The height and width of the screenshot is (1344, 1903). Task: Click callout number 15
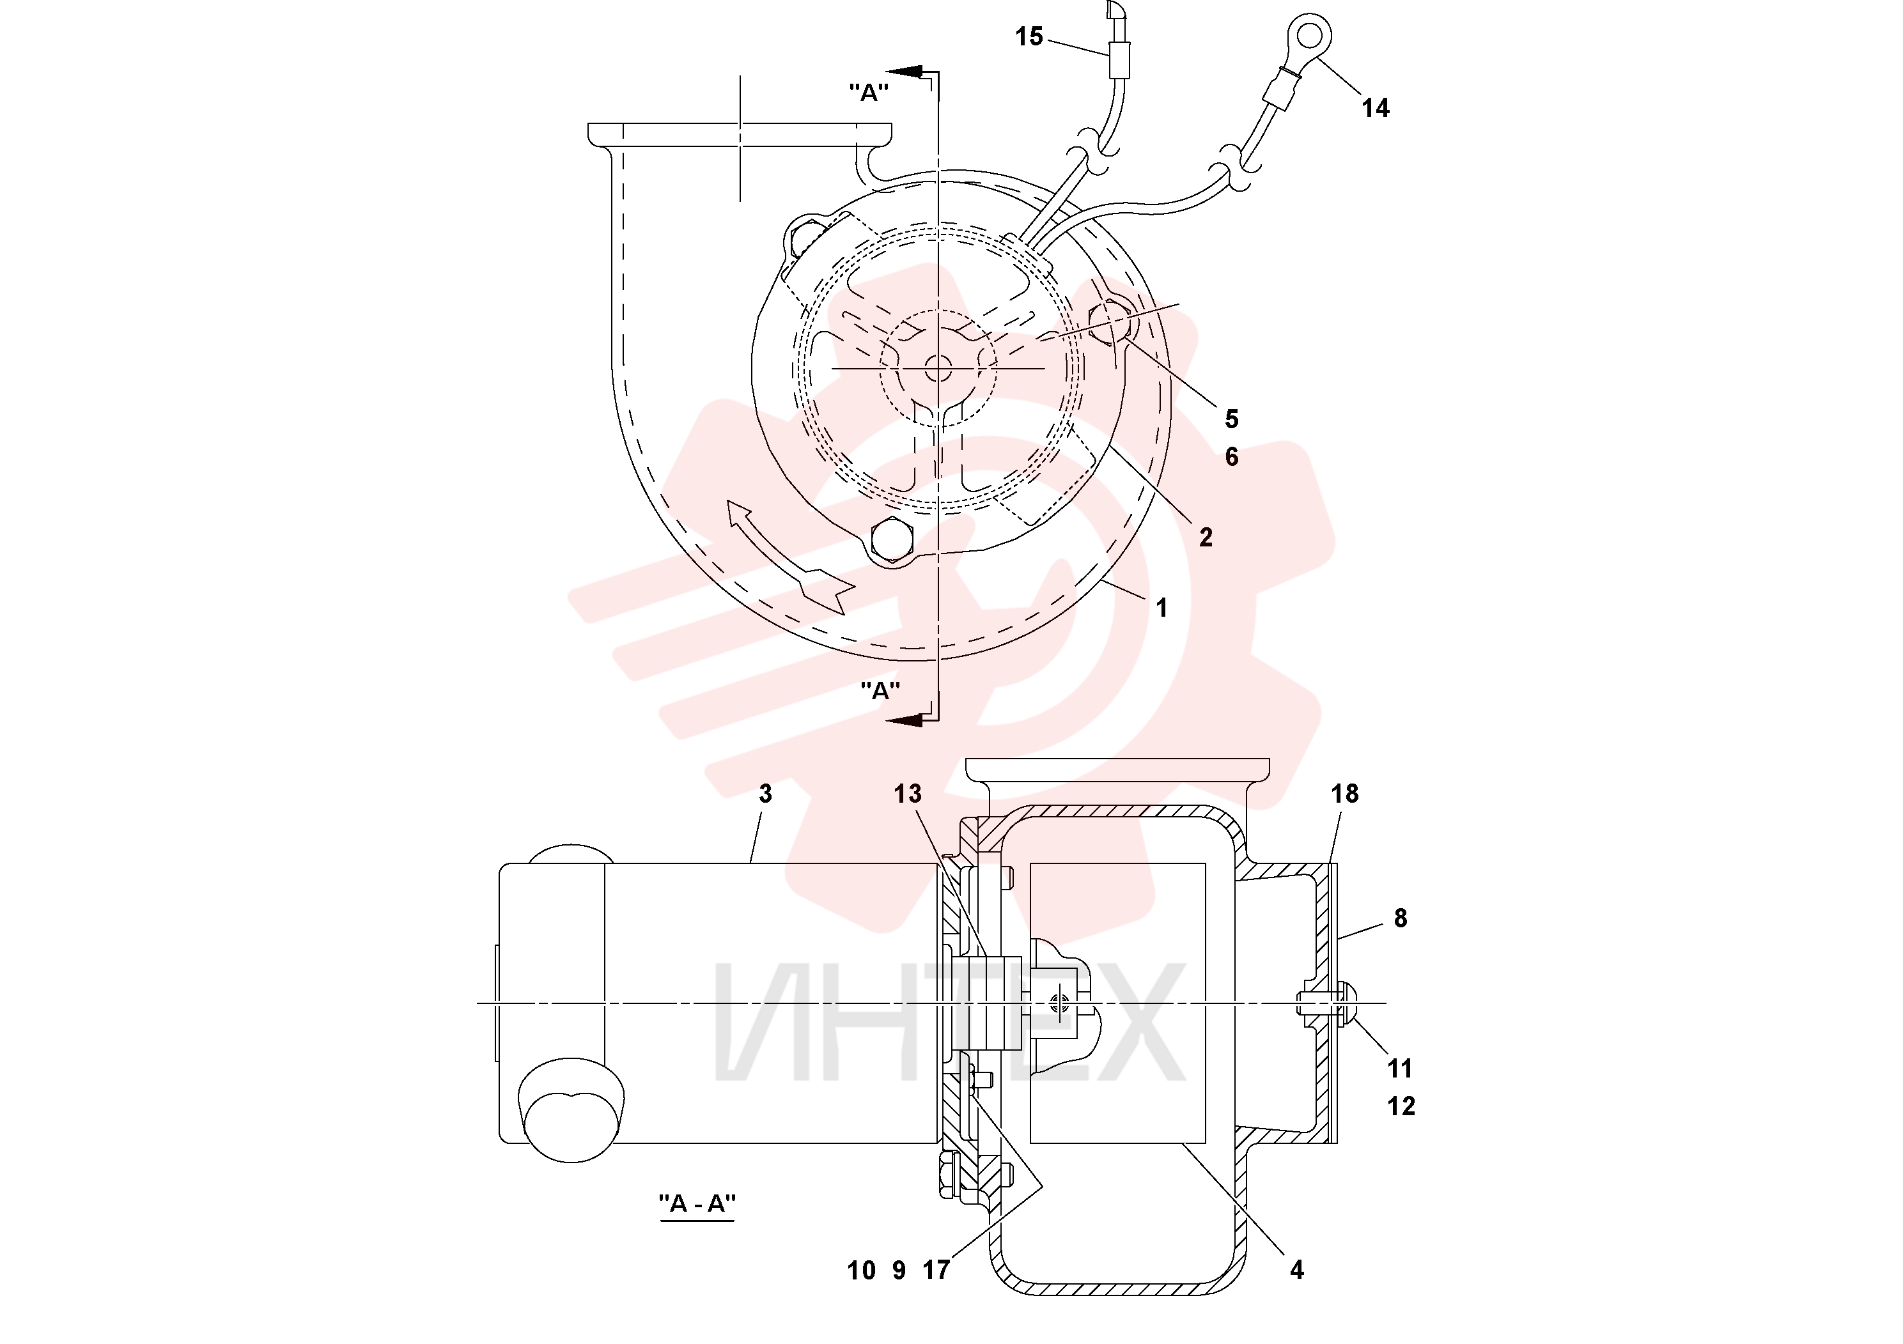click(1029, 36)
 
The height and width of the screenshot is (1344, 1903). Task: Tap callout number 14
click(1375, 108)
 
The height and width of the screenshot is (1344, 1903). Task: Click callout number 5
click(1232, 419)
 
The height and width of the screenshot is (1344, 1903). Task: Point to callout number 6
click(1232, 456)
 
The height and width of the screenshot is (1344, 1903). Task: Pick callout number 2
click(1206, 537)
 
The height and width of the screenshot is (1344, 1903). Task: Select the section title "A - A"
click(697, 1203)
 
